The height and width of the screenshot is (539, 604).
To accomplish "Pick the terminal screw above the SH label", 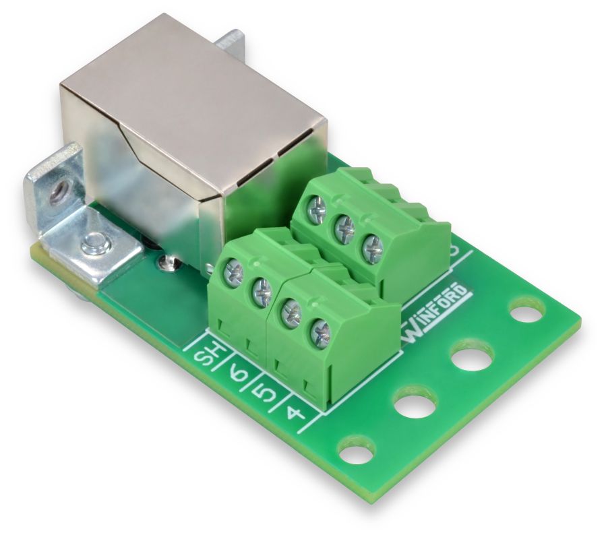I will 233,274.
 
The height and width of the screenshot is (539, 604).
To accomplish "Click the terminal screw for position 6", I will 262,292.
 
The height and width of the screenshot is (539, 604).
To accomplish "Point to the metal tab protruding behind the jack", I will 229,40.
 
